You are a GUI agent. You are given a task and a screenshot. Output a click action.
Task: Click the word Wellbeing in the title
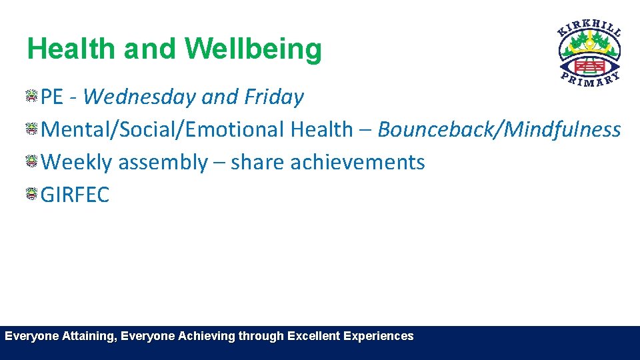(253, 49)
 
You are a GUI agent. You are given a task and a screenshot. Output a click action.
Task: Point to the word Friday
(273, 97)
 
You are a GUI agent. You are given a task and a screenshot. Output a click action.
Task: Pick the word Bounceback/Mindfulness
(499, 129)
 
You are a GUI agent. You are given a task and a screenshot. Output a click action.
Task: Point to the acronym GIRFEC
(75, 195)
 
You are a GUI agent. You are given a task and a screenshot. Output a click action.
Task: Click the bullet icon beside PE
(31, 97)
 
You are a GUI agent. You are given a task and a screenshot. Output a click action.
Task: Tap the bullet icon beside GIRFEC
(31, 195)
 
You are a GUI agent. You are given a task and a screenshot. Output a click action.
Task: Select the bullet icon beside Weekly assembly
(31, 162)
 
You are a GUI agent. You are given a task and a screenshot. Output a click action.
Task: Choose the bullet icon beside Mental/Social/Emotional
(31, 129)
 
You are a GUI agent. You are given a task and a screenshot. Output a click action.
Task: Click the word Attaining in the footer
(91, 337)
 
